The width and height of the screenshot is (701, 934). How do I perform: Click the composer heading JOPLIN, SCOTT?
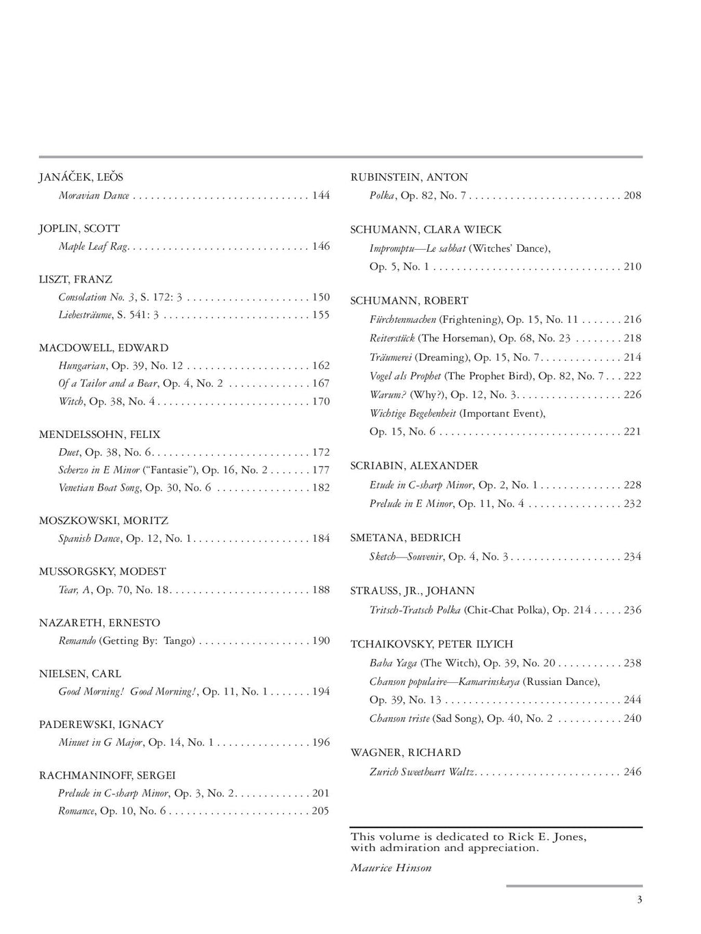click(x=79, y=229)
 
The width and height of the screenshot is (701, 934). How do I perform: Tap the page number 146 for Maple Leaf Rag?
click(x=320, y=246)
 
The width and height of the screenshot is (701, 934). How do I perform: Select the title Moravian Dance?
click(x=94, y=196)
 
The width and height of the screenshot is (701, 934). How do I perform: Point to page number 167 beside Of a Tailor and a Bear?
click(x=320, y=383)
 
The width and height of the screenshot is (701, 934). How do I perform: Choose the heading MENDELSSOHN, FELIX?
click(x=100, y=434)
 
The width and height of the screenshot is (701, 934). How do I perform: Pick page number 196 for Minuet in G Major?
click(x=320, y=742)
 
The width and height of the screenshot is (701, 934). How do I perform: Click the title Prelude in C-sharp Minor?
click(x=114, y=794)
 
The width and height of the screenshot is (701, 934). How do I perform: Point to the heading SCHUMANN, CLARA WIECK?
click(x=426, y=230)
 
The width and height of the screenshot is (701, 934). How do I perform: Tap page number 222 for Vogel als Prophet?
click(x=633, y=376)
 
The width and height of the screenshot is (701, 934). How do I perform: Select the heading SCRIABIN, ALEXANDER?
click(x=414, y=466)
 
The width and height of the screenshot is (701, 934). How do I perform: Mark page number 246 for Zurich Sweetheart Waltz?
click(x=633, y=772)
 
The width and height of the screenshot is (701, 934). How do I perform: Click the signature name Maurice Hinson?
click(x=391, y=868)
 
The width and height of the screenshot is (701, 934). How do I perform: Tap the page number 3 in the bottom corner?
click(x=639, y=900)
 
